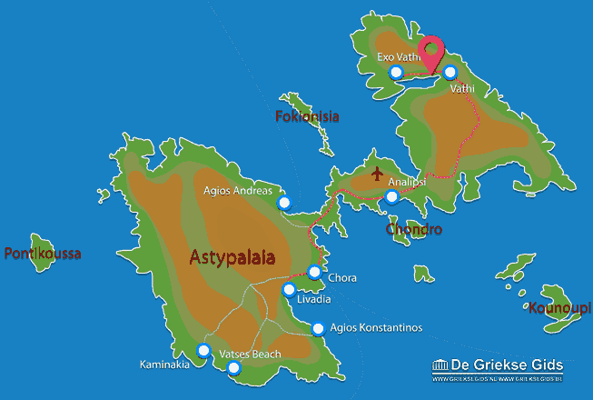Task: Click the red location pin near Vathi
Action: (x=430, y=52)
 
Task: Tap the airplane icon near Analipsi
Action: (x=377, y=173)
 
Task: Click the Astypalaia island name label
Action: (x=232, y=258)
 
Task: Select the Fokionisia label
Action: (x=307, y=116)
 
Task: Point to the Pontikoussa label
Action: (x=43, y=254)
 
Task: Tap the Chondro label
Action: (x=413, y=229)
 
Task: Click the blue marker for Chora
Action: (x=314, y=271)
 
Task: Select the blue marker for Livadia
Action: (x=289, y=291)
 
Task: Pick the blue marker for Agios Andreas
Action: (x=284, y=202)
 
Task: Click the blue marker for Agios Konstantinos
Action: (x=318, y=329)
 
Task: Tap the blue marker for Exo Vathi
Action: (x=395, y=73)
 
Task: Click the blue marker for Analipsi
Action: (x=391, y=195)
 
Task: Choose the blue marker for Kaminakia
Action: (x=203, y=350)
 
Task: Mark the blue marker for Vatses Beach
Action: (x=234, y=367)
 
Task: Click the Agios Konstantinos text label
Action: (x=377, y=329)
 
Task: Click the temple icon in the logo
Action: (x=442, y=365)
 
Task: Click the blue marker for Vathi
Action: (x=450, y=72)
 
